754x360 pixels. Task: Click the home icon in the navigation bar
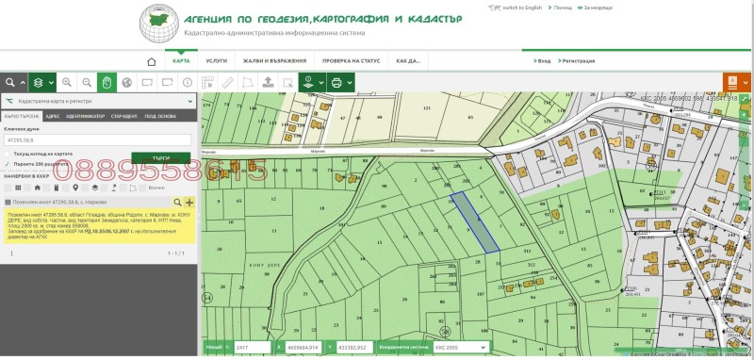tap(151, 61)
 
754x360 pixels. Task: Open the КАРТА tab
tap(182, 61)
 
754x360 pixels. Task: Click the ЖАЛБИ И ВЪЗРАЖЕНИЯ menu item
tap(272, 61)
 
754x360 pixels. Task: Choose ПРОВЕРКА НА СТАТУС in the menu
tap(351, 61)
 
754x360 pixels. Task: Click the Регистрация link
tap(578, 61)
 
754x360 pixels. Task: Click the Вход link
tap(544, 61)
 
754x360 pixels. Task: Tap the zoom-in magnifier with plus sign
tap(65, 83)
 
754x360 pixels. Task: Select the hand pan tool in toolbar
tap(107, 83)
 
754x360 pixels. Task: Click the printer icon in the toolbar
tap(336, 83)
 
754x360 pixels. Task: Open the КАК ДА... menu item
tap(408, 61)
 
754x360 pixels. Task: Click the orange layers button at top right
tap(732, 83)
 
